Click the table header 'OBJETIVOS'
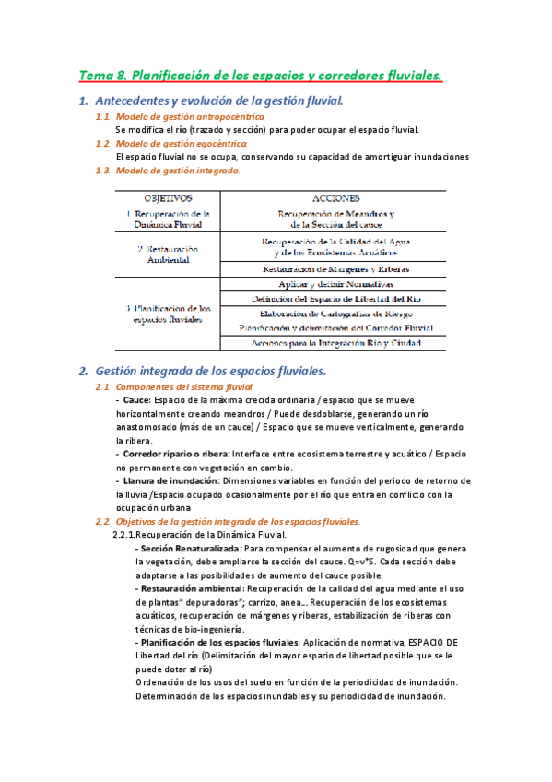(x=168, y=197)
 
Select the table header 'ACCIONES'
(x=336, y=197)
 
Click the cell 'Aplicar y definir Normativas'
(x=335, y=285)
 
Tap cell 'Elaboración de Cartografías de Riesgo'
(x=335, y=314)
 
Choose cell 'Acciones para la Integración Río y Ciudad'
(x=335, y=343)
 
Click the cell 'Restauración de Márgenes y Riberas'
(x=335, y=269)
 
